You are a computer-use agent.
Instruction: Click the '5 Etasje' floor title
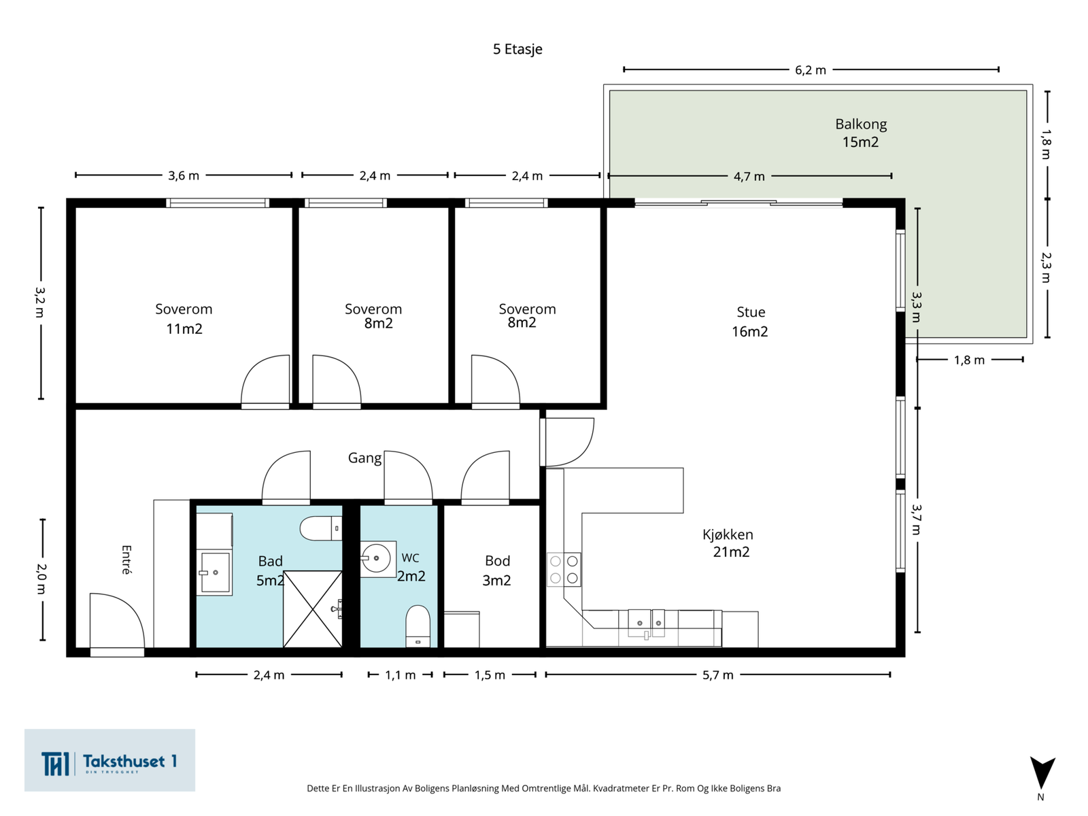pos(517,49)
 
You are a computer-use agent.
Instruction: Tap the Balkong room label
pos(861,124)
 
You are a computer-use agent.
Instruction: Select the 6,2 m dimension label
pos(811,70)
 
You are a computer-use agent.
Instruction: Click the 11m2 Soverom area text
pos(184,329)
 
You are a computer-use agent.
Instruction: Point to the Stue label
pos(751,312)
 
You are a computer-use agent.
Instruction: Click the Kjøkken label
pos(728,534)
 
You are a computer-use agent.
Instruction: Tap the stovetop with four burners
pos(564,569)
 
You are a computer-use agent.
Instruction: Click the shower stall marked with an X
pos(312,609)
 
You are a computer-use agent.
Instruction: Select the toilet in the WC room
pos(418,626)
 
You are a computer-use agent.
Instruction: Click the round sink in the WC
pos(377,558)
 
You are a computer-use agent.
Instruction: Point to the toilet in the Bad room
pos(321,528)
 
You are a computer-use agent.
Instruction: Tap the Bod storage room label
pos(497,561)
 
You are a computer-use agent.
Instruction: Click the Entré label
pos(126,560)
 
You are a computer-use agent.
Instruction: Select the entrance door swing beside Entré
pos(117,620)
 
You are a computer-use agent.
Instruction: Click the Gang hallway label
pos(364,458)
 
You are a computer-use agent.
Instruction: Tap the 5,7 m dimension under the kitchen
pos(717,675)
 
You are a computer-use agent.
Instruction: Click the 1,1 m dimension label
pos(400,675)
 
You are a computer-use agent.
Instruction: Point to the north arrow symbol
pos(1042,773)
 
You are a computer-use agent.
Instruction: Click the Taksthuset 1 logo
pos(109,760)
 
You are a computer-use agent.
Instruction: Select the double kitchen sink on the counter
pos(647,624)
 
